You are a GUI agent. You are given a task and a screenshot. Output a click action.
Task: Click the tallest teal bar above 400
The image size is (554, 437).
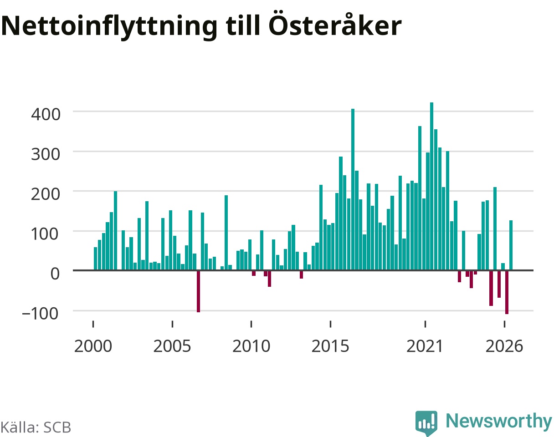click(x=432, y=186)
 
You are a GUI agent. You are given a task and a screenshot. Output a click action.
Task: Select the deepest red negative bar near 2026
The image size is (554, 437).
click(x=507, y=292)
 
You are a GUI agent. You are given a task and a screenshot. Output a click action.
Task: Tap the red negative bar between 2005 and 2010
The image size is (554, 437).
click(x=198, y=291)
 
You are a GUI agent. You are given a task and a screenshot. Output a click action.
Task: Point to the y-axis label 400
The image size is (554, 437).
click(x=46, y=114)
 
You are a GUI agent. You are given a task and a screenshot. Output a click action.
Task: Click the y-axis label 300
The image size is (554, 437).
click(x=46, y=154)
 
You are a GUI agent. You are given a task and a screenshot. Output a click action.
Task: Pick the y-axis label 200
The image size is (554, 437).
click(x=46, y=194)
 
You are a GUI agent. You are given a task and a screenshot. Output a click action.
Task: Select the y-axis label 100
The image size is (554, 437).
click(x=46, y=234)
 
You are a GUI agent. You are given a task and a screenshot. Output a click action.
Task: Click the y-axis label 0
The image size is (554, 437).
click(x=55, y=274)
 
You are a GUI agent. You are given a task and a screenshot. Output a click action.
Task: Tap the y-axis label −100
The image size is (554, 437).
click(x=41, y=314)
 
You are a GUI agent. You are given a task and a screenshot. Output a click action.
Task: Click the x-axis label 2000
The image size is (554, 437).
click(x=93, y=346)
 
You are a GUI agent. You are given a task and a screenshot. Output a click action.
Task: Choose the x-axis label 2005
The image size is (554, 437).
click(x=172, y=346)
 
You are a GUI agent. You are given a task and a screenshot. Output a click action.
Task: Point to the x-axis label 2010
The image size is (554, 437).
click(x=251, y=346)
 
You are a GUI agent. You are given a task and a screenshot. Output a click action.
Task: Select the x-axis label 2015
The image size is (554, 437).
click(x=330, y=346)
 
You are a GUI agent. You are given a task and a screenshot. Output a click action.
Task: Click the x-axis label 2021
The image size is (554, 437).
click(x=425, y=346)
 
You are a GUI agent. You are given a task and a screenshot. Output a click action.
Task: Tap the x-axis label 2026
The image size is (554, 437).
click(x=504, y=346)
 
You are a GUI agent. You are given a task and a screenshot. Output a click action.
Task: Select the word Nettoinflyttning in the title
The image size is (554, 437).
click(x=109, y=26)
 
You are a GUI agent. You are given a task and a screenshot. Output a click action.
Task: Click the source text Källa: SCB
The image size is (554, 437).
click(x=36, y=427)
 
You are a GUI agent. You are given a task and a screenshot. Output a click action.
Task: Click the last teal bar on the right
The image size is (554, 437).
click(x=511, y=245)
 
